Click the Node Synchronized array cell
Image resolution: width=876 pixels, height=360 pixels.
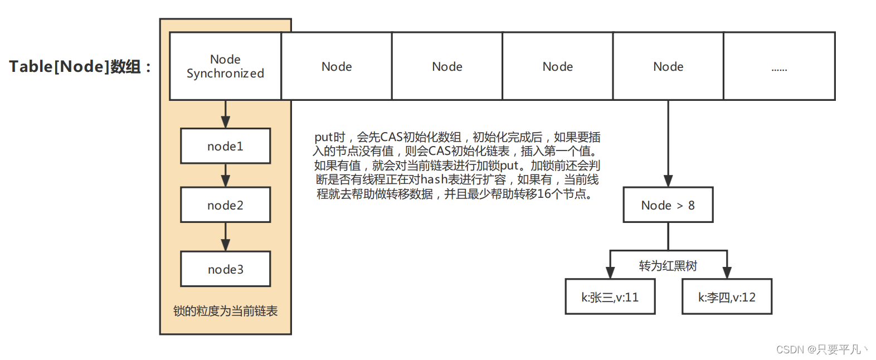click(225, 66)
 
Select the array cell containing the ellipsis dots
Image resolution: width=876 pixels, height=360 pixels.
click(779, 66)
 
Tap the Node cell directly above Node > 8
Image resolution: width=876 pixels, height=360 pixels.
click(668, 66)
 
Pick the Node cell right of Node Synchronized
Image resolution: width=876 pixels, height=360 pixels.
click(337, 66)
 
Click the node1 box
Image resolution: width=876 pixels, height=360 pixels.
click(225, 146)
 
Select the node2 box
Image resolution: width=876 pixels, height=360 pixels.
click(225, 205)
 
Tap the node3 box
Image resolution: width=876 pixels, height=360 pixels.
click(225, 269)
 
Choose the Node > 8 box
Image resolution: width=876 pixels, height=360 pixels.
click(668, 205)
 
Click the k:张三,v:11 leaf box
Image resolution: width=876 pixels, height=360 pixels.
click(610, 297)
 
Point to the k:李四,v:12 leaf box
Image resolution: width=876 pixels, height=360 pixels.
click(727, 297)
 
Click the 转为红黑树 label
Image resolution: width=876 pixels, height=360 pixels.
click(668, 266)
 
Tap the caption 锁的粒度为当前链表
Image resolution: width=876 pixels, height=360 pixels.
click(225, 311)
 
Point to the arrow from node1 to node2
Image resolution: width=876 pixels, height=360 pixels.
click(225, 176)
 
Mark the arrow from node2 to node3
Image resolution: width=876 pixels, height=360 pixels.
click(225, 237)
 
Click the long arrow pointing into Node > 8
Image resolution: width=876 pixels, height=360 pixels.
click(668, 145)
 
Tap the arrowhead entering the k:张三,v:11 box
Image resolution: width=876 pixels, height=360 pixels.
click(610, 273)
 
